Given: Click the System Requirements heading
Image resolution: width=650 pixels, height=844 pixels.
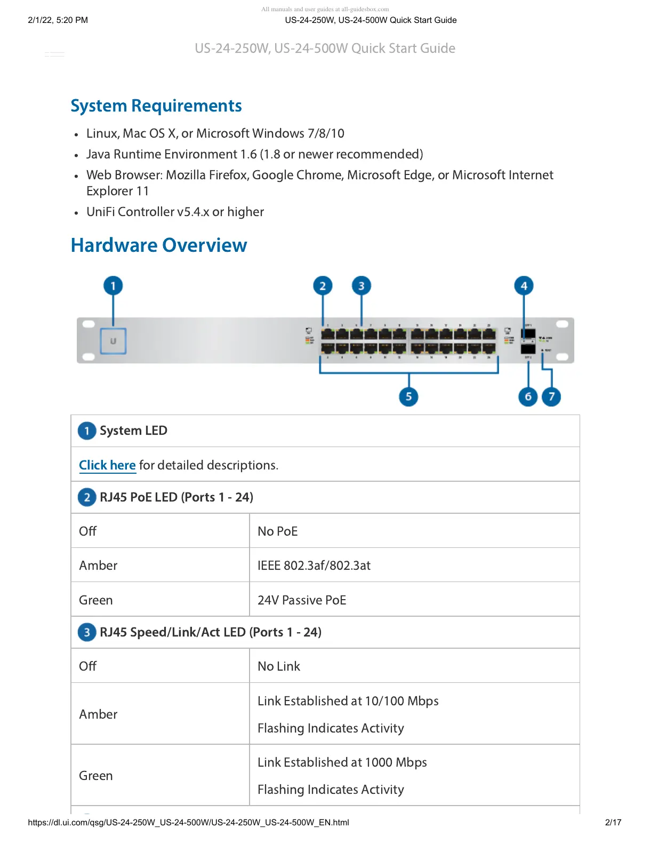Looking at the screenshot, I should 156,106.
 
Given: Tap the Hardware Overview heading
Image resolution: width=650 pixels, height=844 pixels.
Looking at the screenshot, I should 159,245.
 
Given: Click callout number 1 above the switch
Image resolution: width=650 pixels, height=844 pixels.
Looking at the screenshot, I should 113,286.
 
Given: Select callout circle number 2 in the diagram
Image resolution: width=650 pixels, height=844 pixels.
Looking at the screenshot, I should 323,286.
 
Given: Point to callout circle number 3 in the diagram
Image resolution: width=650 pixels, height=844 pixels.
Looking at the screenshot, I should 362,286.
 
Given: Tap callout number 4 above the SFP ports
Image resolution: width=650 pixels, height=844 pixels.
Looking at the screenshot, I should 524,286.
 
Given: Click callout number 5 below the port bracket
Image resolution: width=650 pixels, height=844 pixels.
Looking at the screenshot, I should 408,396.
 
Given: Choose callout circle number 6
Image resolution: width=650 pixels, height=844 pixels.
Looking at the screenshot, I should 528,396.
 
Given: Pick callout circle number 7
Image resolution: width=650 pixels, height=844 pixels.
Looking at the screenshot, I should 551,396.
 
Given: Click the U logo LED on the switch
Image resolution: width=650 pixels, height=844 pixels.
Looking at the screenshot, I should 113,341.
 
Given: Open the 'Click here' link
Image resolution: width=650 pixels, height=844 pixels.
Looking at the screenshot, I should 107,465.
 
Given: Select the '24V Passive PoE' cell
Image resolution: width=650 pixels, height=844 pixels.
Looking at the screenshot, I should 302,600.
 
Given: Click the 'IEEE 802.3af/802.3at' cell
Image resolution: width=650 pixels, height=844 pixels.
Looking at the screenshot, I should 314,566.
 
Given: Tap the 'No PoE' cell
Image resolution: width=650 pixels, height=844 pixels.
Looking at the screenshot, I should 277,531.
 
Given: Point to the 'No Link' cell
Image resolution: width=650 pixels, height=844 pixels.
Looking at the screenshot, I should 279,666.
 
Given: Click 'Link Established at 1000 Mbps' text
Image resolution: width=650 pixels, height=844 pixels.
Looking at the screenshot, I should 342,762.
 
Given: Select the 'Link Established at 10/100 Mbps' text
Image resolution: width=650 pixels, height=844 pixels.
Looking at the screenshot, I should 348,701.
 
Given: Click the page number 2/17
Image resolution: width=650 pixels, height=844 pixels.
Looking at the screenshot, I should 613,822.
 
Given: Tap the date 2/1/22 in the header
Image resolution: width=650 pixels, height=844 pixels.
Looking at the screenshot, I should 40,20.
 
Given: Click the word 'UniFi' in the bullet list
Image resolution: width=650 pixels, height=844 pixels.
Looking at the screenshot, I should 100,212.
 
